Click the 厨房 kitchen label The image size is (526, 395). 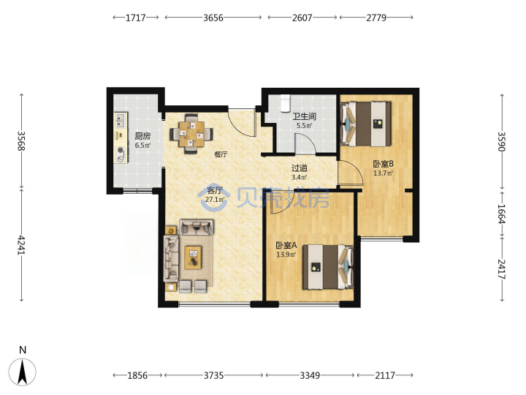click(142, 136)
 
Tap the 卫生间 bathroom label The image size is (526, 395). click(304, 116)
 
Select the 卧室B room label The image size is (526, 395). click(383, 164)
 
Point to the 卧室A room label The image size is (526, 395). click(286, 245)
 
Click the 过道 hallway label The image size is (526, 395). click(300, 168)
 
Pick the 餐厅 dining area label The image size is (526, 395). click(221, 154)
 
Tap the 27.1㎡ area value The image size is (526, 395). click(215, 200)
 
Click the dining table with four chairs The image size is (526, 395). click(191, 134)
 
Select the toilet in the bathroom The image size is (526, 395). click(285, 103)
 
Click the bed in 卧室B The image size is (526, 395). click(366, 124)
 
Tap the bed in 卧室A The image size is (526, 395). click(328, 267)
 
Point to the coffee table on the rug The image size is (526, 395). click(193, 257)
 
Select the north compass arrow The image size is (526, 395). click(23, 372)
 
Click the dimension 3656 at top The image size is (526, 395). click(213, 18)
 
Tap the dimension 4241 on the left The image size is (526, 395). click(21, 245)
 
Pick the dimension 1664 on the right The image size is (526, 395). click(501, 214)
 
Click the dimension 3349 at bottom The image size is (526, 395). click(310, 375)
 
